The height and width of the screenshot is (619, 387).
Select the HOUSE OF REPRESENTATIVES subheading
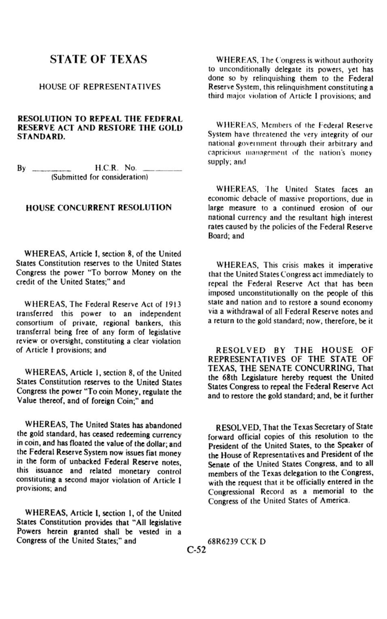click(x=100, y=87)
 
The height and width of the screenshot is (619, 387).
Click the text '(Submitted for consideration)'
click(x=100, y=177)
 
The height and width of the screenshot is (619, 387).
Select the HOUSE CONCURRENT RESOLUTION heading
click(x=99, y=207)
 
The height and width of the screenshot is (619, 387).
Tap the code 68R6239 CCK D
click(x=237, y=542)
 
